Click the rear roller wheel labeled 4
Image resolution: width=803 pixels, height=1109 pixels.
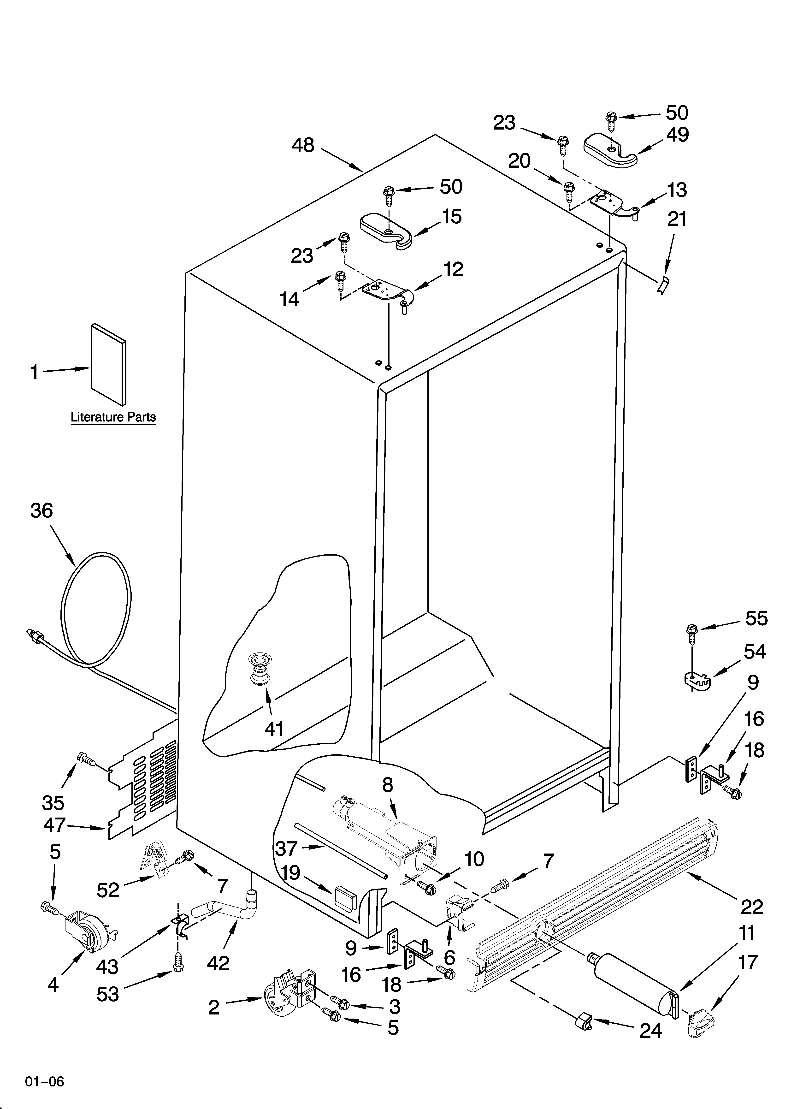pos(88,934)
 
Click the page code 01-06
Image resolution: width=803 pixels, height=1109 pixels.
pos(45,1081)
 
